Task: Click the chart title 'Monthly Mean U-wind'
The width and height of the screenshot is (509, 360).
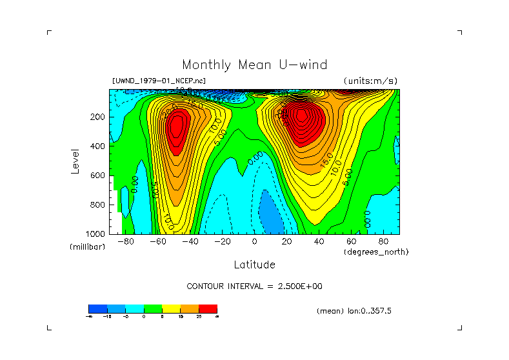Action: (254, 65)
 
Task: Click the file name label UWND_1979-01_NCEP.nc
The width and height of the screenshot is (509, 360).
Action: (159, 81)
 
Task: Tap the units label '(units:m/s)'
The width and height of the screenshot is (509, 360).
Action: (370, 81)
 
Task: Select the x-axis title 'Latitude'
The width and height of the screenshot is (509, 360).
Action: (254, 265)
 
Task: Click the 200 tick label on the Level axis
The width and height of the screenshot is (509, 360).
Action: (99, 117)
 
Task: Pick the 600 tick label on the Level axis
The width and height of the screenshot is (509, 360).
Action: (99, 175)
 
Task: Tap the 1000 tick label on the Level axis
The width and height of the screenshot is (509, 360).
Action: (97, 234)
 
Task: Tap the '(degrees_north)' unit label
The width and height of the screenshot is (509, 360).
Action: (376, 252)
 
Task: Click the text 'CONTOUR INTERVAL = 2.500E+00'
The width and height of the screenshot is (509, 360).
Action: (254, 286)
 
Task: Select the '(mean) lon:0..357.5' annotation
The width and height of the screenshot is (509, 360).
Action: (354, 310)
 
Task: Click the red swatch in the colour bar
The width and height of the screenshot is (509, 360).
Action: (208, 308)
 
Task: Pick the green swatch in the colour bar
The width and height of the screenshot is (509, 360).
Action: (152, 308)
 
